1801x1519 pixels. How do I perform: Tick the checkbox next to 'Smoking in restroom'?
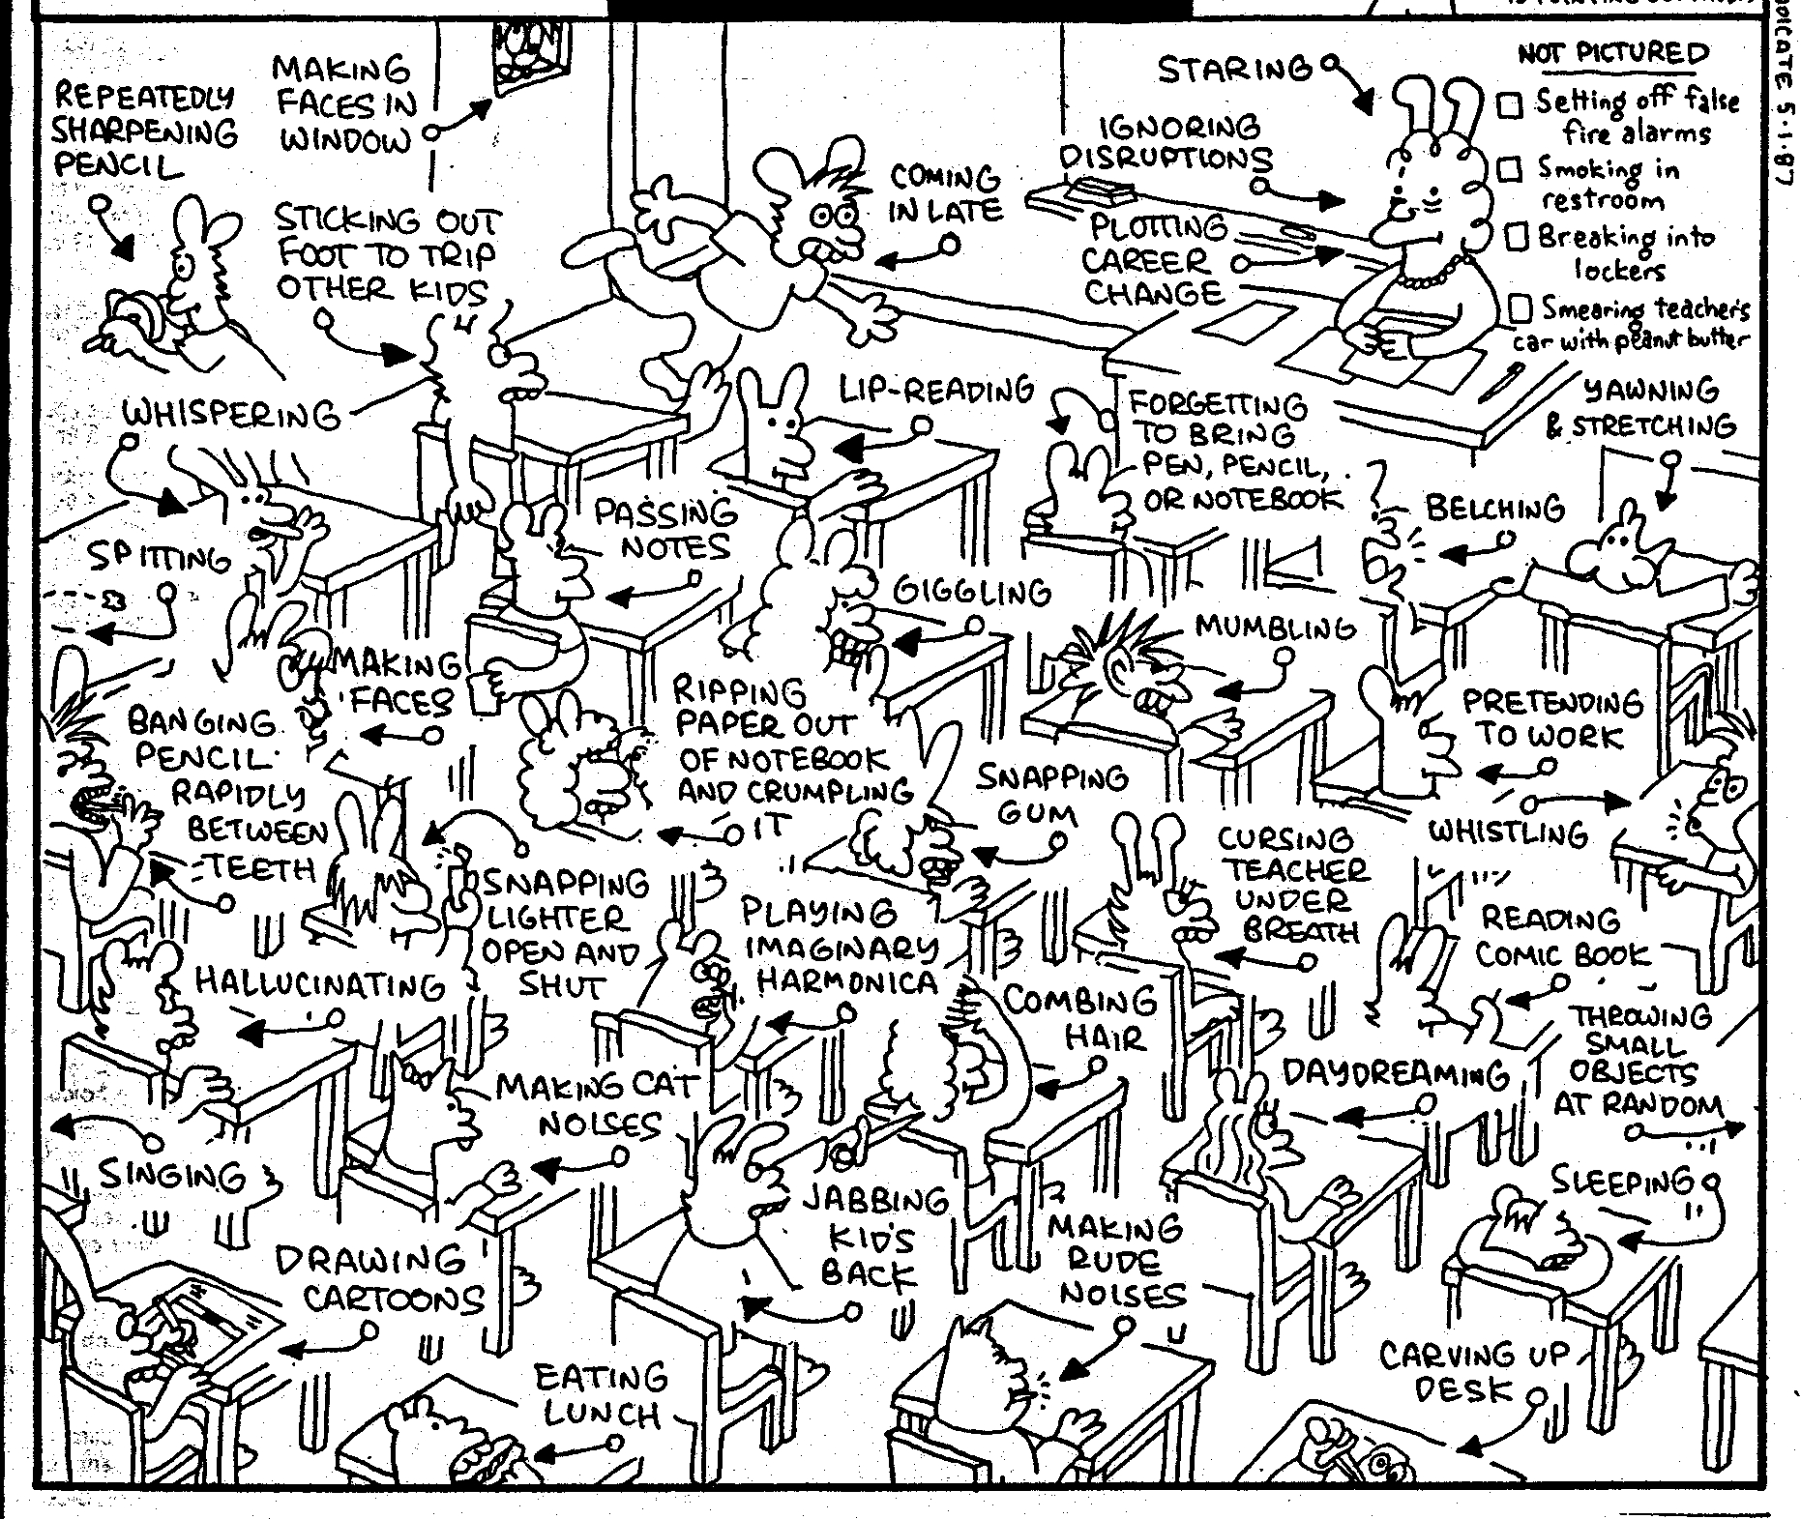(x=1510, y=171)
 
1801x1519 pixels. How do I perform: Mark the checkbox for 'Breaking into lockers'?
(x=1518, y=237)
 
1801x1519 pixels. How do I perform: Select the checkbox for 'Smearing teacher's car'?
(x=1521, y=308)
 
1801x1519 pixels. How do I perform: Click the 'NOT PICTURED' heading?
(x=1612, y=53)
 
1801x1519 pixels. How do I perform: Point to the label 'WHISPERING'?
(x=231, y=415)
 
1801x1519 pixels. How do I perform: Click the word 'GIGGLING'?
(x=971, y=591)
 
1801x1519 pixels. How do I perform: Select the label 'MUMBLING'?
(x=1276, y=628)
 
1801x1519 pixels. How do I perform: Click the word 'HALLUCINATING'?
(x=320, y=984)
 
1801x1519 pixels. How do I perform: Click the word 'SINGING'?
(x=173, y=1176)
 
